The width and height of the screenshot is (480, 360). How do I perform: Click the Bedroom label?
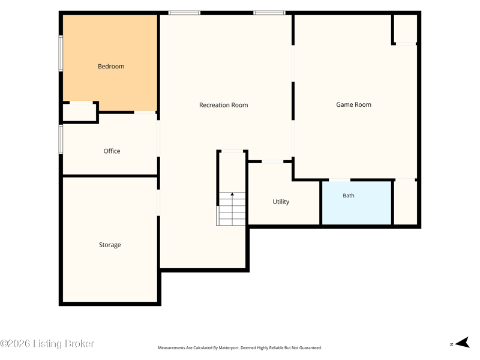click(x=111, y=67)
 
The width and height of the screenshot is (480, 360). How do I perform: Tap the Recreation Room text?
click(x=223, y=105)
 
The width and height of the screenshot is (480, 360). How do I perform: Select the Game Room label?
click(x=353, y=104)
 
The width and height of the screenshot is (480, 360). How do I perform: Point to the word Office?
click(x=112, y=151)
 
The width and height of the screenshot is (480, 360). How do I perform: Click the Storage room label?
click(x=110, y=245)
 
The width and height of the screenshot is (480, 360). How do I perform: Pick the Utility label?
click(x=281, y=202)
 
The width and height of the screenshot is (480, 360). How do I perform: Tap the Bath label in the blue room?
click(x=349, y=196)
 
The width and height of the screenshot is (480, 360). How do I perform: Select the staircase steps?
click(x=232, y=209)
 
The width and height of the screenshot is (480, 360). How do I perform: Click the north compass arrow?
click(x=463, y=343)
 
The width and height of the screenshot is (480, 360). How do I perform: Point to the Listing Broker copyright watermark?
click(x=47, y=343)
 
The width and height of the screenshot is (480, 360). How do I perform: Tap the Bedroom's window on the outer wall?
click(x=61, y=53)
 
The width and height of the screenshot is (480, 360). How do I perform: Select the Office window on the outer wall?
click(x=61, y=139)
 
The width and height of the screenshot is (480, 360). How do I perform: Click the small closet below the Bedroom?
click(x=80, y=113)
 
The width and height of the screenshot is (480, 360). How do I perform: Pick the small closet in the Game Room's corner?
click(x=406, y=28)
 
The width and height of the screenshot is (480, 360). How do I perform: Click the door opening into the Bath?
click(x=340, y=180)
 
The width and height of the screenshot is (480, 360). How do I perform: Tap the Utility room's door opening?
click(x=272, y=161)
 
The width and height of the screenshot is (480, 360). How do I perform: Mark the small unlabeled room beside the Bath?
click(x=406, y=203)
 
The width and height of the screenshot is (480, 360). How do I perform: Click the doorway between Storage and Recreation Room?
click(x=158, y=203)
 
